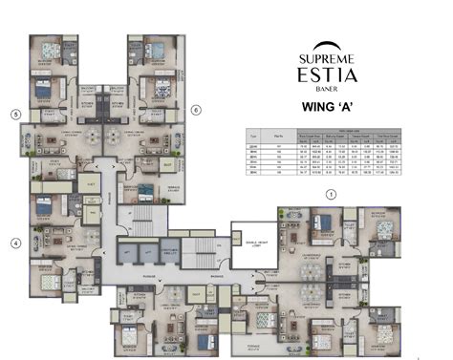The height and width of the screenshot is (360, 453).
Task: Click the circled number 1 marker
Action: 332,193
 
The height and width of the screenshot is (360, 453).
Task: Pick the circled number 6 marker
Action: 196,110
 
